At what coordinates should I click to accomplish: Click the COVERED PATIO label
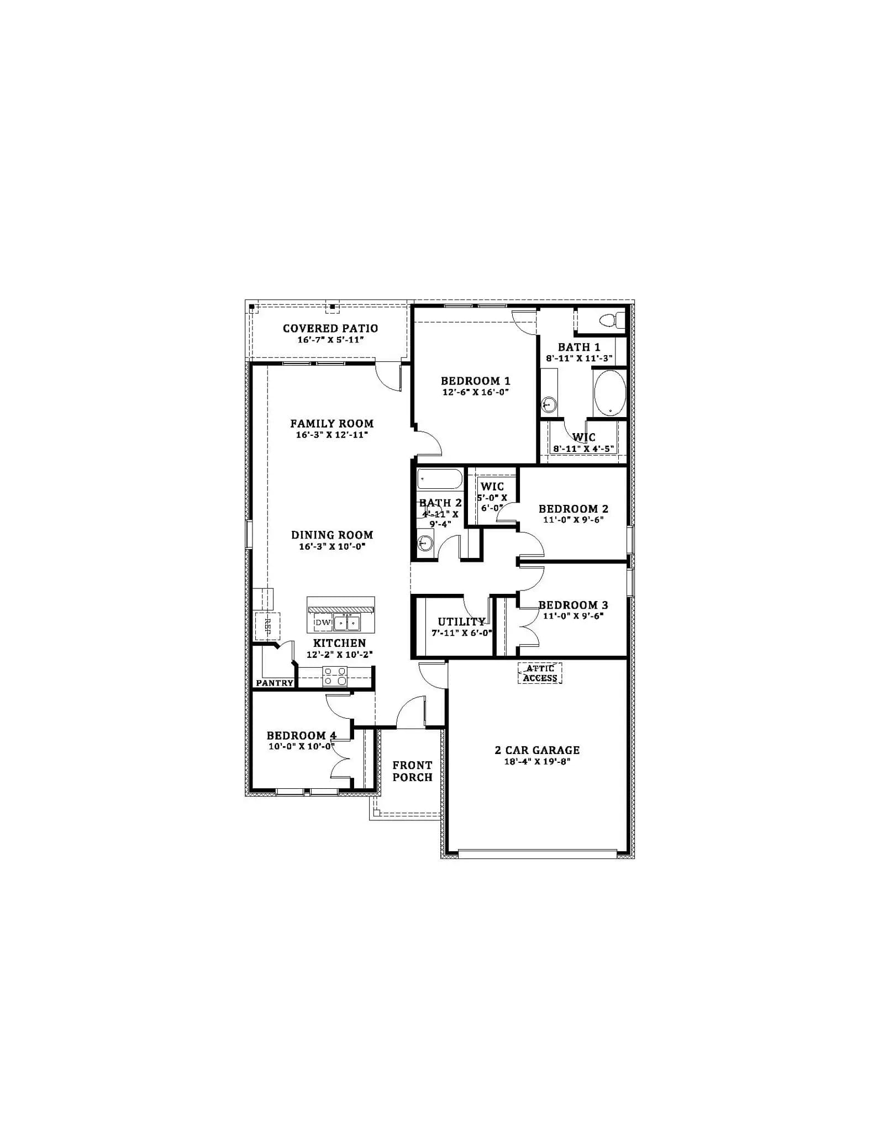tap(330, 328)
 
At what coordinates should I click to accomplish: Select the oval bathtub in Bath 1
tap(609, 393)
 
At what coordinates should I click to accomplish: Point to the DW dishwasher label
tap(323, 623)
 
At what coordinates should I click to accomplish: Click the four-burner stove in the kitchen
tap(335, 676)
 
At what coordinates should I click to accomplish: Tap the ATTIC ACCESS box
tap(540, 673)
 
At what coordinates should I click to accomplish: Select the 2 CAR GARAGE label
tap(537, 750)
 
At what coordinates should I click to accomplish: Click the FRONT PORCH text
tap(412, 771)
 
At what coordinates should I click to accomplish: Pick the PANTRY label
tap(275, 683)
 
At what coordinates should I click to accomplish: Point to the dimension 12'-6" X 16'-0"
tap(475, 392)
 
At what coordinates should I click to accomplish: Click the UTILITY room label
tap(461, 622)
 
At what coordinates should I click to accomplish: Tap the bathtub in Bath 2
tap(440, 479)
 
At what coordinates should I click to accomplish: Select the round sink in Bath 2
tap(424, 543)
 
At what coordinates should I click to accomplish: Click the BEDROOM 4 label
tap(301, 736)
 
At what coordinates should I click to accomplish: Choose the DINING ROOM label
tap(332, 535)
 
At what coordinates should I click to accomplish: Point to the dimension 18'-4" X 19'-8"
tap(537, 762)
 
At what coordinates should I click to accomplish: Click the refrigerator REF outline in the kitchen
tap(267, 626)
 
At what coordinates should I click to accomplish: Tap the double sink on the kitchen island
tap(346, 623)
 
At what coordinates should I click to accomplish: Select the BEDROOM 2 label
tap(573, 509)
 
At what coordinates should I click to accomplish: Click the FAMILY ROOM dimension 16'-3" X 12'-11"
tap(332, 435)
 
